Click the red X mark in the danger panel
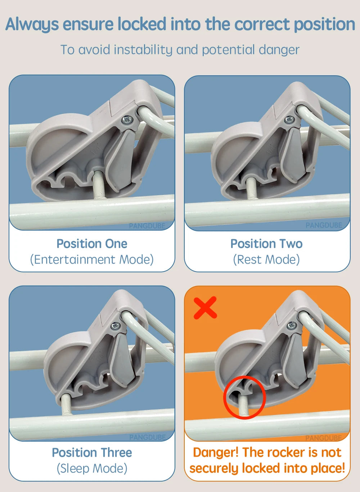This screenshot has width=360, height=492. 205,308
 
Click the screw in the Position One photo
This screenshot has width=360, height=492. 127,120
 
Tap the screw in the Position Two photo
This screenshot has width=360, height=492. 289,120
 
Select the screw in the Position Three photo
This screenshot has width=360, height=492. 116,325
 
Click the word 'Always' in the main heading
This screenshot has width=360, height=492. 32,24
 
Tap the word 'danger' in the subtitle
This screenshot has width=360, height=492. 279,50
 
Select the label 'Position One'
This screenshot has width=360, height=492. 92,243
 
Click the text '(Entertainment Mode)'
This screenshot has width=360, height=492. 92,260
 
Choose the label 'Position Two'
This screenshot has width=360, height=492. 266,243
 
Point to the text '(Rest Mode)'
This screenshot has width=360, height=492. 266,260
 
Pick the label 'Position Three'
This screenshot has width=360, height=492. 92,452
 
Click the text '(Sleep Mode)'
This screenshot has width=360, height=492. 92,469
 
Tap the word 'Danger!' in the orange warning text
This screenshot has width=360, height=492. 216,452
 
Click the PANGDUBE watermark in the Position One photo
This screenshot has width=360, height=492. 147,226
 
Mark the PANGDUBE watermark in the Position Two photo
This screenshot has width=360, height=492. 324,225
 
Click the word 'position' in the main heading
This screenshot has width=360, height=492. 324,24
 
